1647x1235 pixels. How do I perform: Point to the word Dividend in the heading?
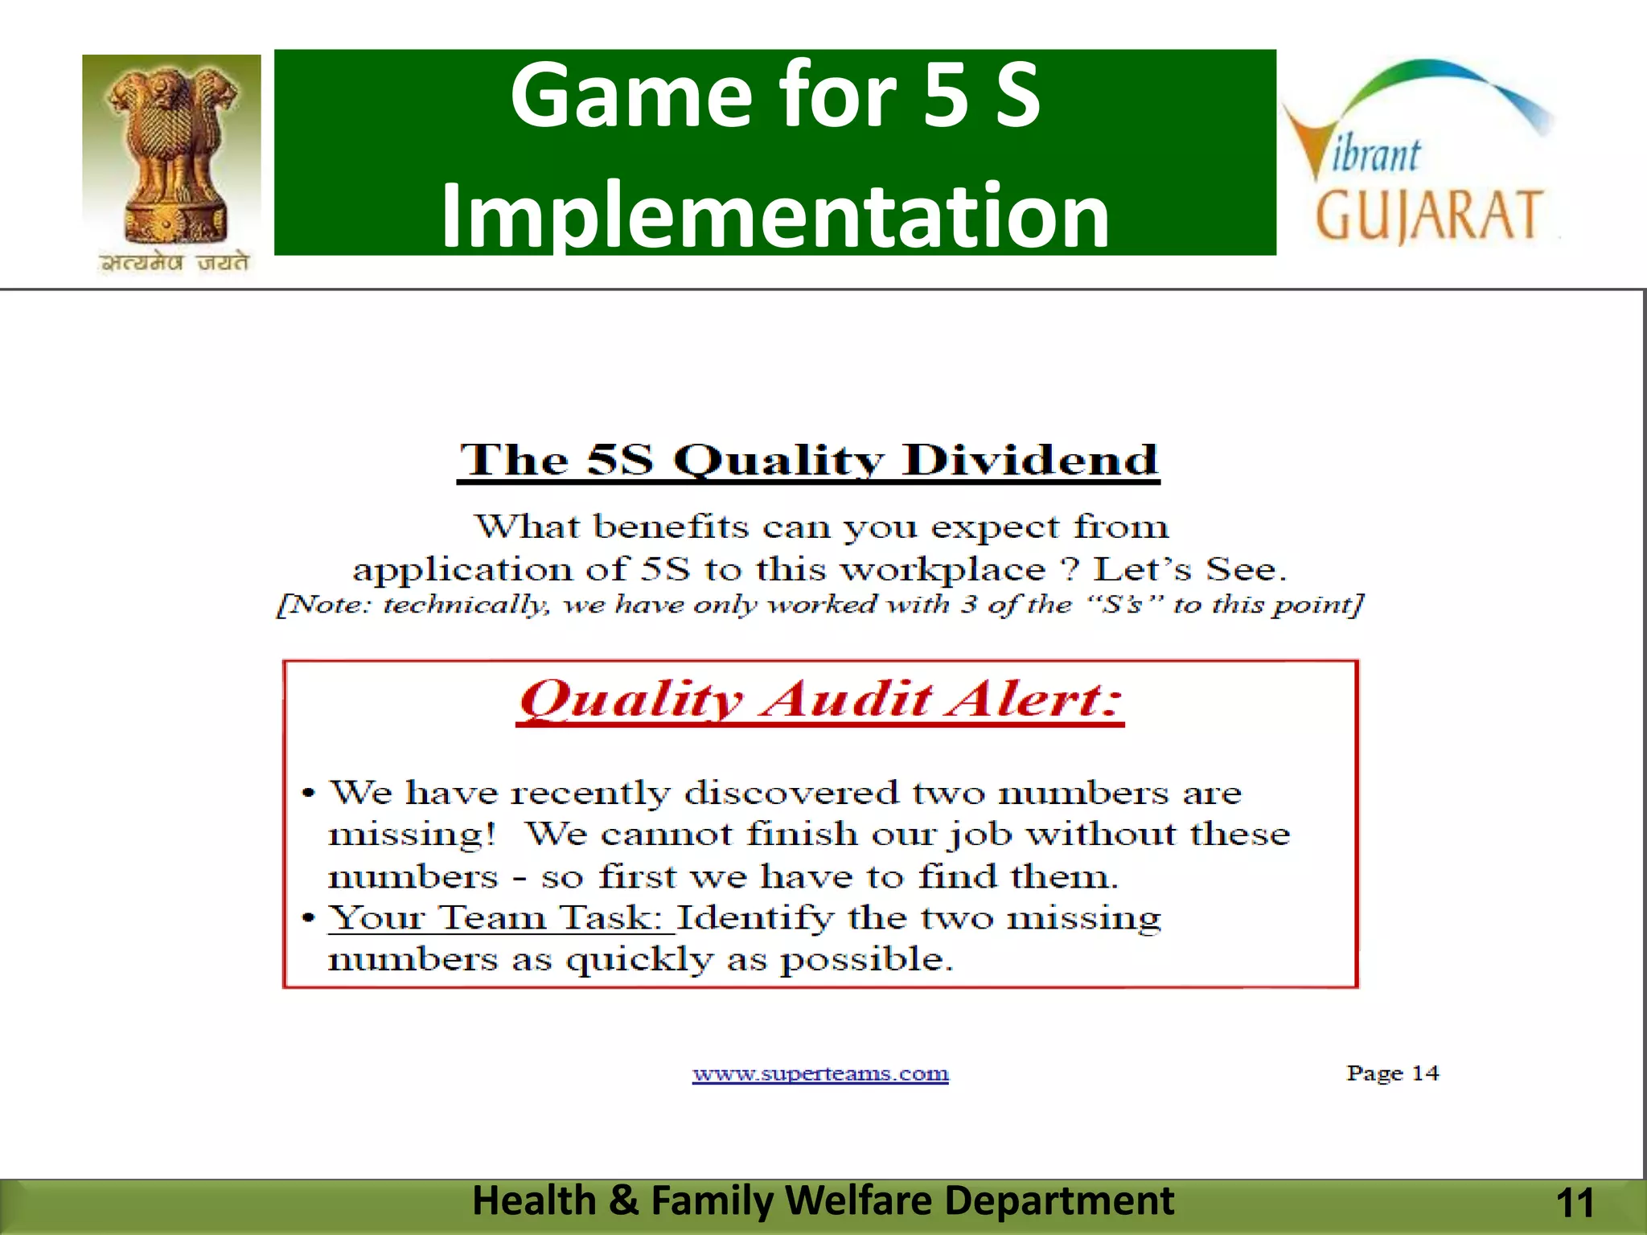coord(1029,461)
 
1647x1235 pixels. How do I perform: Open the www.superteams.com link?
coord(820,1073)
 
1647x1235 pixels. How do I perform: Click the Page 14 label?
coord(1393,1073)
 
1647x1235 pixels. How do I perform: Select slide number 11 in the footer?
coord(1575,1204)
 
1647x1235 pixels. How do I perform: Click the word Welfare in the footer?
coord(857,1200)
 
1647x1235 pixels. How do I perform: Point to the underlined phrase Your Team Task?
coord(500,917)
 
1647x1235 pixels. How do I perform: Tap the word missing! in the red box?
coord(413,834)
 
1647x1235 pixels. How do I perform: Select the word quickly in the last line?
coord(639,959)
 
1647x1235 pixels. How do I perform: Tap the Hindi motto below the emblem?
coord(174,262)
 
